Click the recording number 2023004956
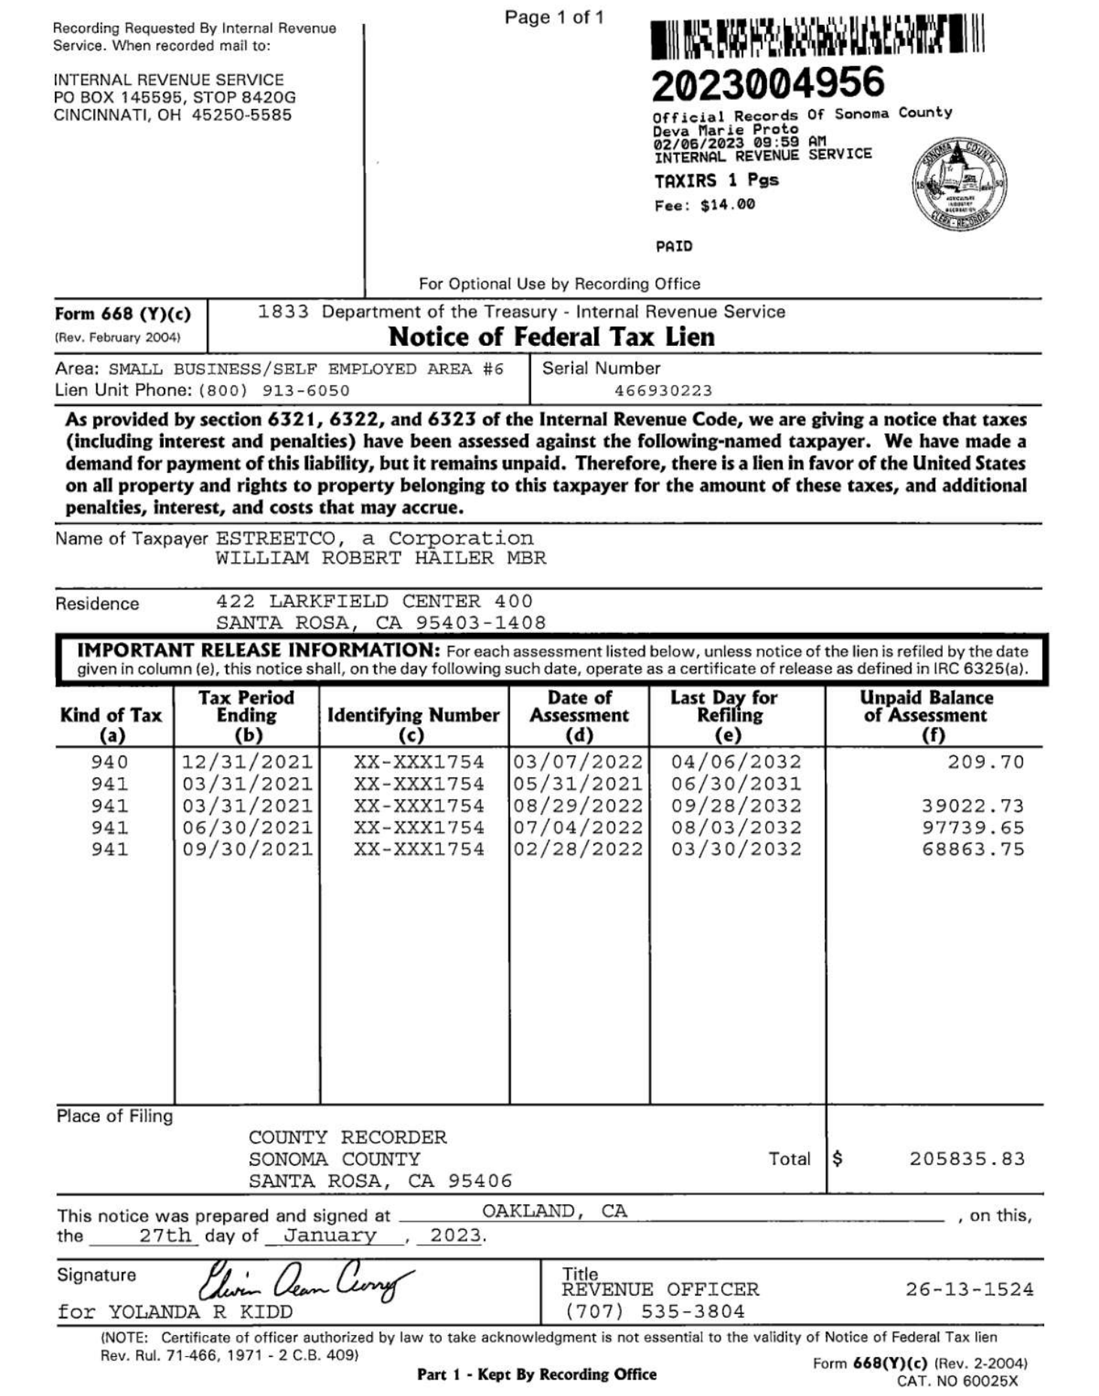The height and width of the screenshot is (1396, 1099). coord(768,83)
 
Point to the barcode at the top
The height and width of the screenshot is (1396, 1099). coord(817,38)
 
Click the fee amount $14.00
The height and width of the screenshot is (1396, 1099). coord(727,205)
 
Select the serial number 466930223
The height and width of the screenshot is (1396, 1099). coord(663,391)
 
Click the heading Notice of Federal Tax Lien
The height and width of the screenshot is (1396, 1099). coord(551,337)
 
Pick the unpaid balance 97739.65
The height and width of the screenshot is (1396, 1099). coord(973,828)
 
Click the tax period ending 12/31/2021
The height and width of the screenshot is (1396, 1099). coord(247,762)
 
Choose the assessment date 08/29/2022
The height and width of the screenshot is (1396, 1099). coord(578,806)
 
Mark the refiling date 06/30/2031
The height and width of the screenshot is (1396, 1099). coord(736,784)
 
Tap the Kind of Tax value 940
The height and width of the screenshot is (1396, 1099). coord(110,762)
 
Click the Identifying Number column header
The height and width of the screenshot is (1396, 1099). coord(413,716)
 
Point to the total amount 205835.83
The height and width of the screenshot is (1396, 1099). coord(967,1158)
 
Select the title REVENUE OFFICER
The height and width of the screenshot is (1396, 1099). coord(660,1289)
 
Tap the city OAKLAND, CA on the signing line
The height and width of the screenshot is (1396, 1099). coord(554,1211)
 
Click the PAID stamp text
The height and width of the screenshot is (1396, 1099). coord(674,247)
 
